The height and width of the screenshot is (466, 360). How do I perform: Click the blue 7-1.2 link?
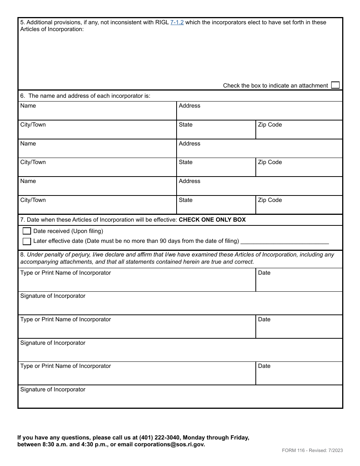(177, 22)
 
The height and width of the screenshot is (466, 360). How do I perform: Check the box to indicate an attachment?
(335, 85)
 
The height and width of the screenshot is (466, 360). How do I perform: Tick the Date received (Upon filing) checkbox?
(27, 231)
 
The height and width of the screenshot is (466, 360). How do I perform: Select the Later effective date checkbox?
(27, 241)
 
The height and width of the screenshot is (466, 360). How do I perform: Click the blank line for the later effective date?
(285, 241)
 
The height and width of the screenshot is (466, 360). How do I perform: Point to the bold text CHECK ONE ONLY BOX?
(212, 220)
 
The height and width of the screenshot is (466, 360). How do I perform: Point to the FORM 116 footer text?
(297, 450)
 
